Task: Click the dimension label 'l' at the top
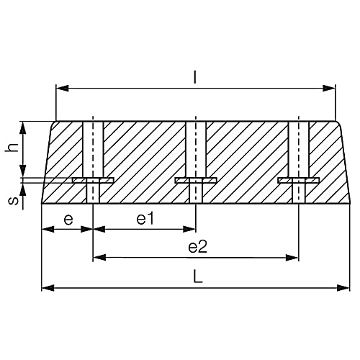[x=196, y=76]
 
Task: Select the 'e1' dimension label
[x=145, y=219]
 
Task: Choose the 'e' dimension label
[x=67, y=219]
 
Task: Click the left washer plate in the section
[x=93, y=180]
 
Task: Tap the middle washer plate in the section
[x=196, y=180]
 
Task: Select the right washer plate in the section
[x=298, y=180]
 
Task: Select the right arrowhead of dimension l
[x=330, y=89]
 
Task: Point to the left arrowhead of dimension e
[x=48, y=230]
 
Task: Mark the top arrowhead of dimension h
[x=24, y=126]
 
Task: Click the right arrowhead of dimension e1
[x=190, y=230]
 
